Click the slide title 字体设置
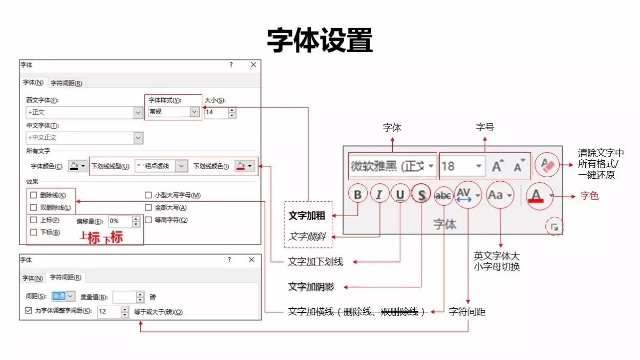[x=319, y=40]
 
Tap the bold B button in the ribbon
[x=357, y=195]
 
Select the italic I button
[x=379, y=195]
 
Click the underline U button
[x=400, y=195]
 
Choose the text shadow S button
[x=421, y=195]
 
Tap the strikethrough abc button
[x=443, y=195]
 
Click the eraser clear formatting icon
[x=547, y=165]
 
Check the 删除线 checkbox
[x=34, y=195]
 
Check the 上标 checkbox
[x=34, y=220]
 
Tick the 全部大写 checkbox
[x=148, y=208]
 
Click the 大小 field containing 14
[x=216, y=112]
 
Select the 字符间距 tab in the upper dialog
[x=66, y=83]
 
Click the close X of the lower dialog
[x=251, y=260]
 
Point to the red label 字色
[x=589, y=196]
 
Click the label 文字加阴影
[x=311, y=286]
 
